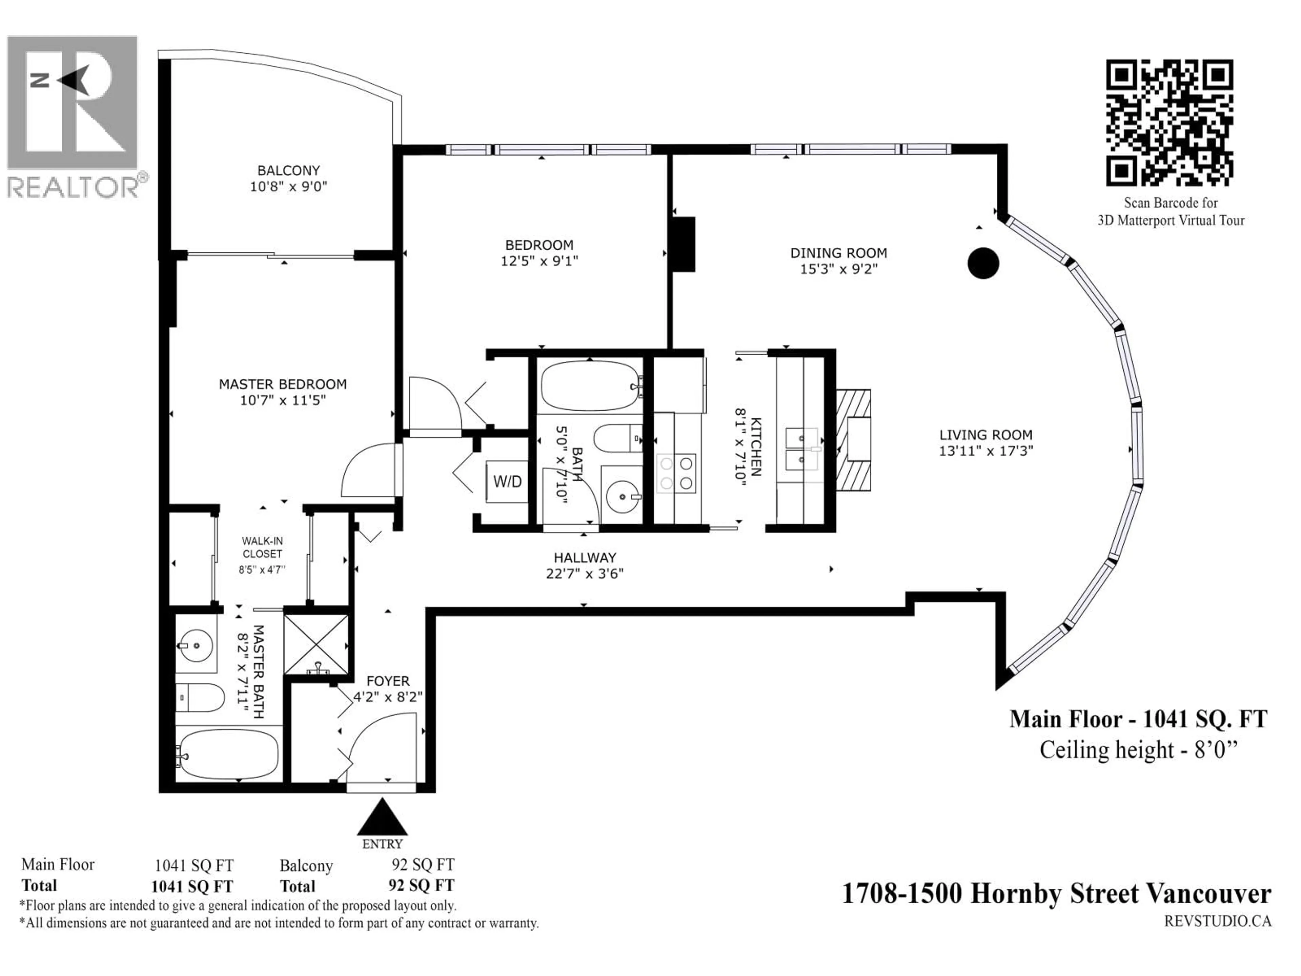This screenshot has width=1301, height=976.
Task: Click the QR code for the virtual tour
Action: pos(1169,122)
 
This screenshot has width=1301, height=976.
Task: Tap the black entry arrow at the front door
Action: pos(382,818)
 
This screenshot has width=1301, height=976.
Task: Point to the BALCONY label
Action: pos(288,170)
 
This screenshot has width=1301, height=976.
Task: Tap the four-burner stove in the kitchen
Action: pos(676,473)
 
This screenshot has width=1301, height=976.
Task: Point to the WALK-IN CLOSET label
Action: pos(262,547)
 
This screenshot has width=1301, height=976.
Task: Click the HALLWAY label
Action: pos(585,558)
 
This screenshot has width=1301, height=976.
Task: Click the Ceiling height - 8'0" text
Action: pos(1138,750)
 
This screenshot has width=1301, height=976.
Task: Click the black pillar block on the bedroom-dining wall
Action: pos(683,244)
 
